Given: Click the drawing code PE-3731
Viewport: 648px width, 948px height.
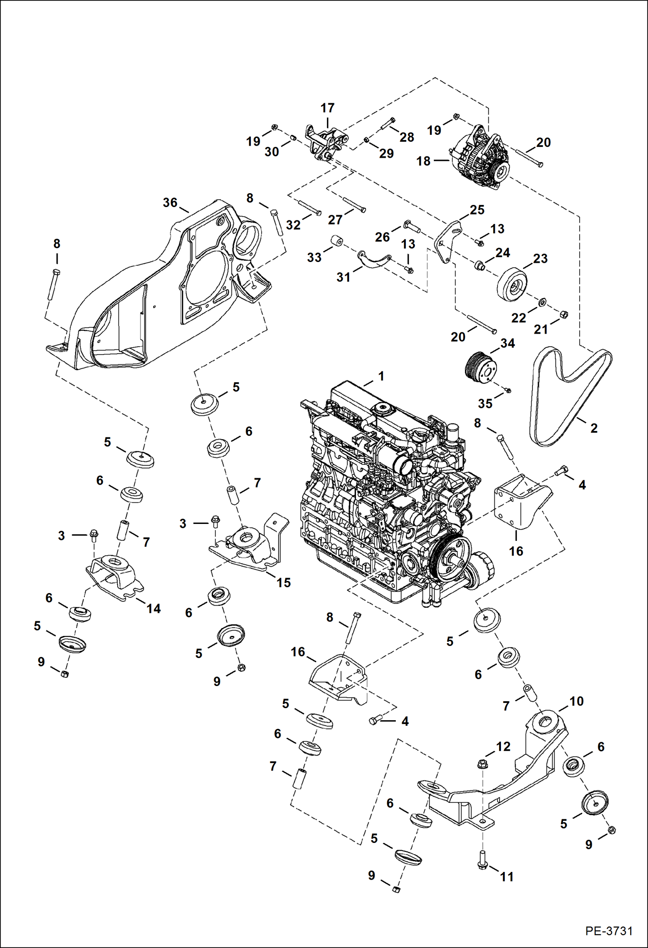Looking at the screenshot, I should [x=609, y=930].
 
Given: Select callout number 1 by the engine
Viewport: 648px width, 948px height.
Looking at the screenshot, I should [x=381, y=376].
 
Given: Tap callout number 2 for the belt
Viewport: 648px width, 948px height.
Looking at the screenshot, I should [x=594, y=428].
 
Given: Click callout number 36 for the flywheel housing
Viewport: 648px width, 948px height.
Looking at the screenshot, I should [x=170, y=202].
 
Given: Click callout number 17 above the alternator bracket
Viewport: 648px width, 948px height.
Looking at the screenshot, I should [x=327, y=108].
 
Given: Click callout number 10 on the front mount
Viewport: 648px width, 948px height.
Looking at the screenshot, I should [x=577, y=701].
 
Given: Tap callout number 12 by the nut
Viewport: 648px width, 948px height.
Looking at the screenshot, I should [x=503, y=747].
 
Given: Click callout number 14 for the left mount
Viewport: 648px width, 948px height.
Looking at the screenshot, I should [x=153, y=609].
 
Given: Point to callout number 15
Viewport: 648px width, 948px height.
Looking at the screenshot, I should [x=283, y=582].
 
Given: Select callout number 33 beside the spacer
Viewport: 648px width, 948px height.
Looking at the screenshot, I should [x=314, y=257].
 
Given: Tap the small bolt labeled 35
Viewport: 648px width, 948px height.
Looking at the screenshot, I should [x=508, y=390].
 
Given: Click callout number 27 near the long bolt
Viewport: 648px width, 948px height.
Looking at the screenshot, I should [x=335, y=220].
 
